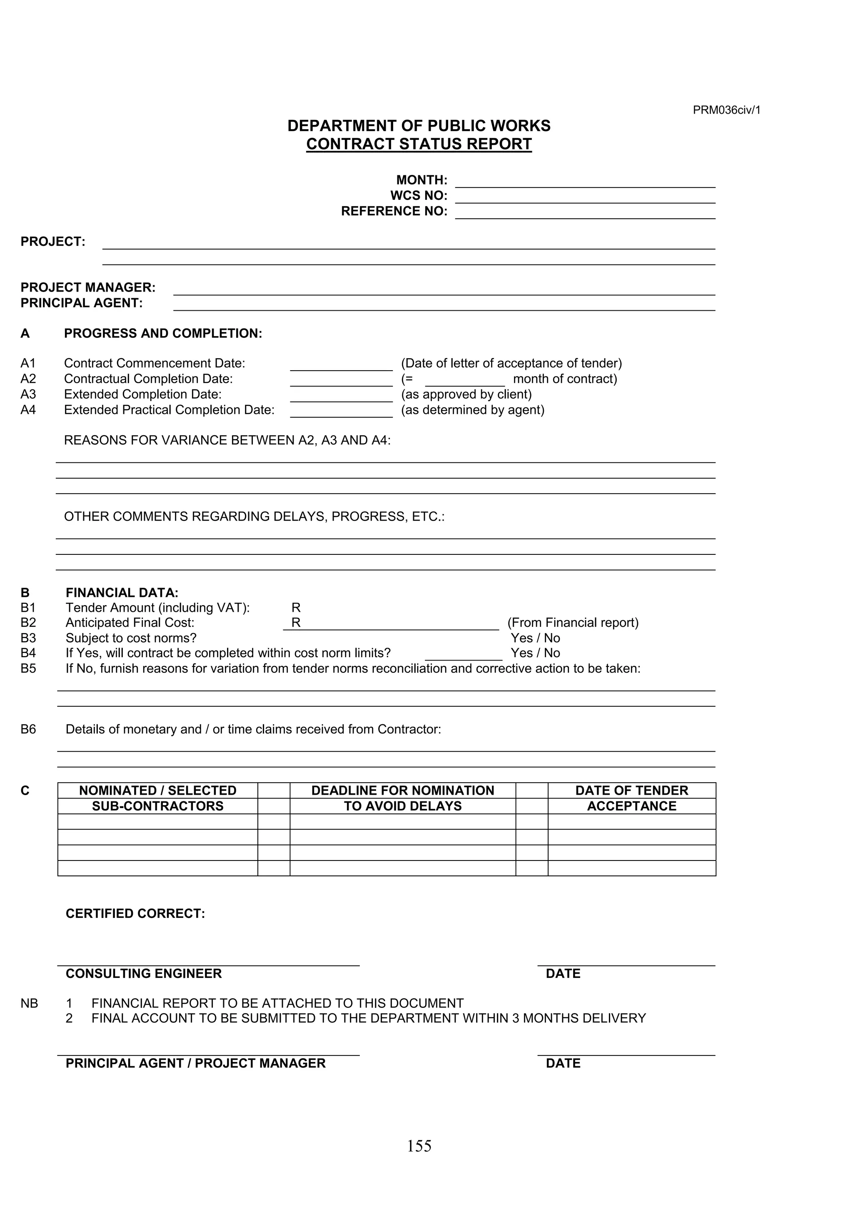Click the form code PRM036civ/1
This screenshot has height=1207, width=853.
click(726, 110)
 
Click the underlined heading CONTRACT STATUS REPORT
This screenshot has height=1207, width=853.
click(419, 144)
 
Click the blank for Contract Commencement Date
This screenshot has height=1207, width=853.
click(341, 365)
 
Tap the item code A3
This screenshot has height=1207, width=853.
click(28, 394)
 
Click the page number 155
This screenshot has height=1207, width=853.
click(419, 1146)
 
